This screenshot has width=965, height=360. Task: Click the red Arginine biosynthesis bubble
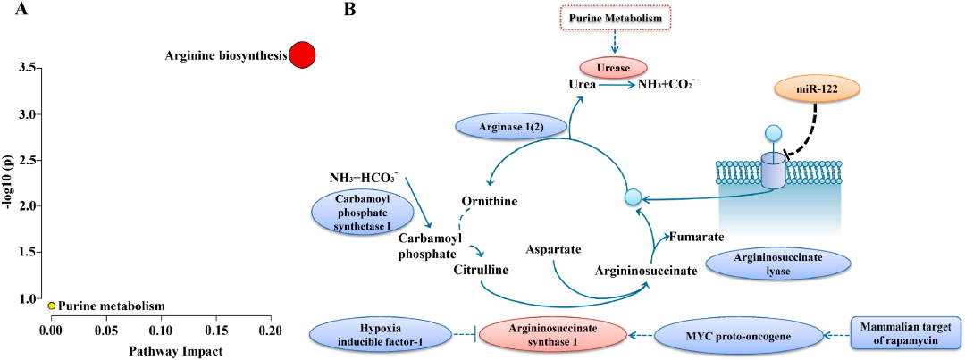(302, 55)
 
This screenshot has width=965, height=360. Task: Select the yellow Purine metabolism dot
(53, 306)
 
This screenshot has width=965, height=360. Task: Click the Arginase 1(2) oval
(509, 128)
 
